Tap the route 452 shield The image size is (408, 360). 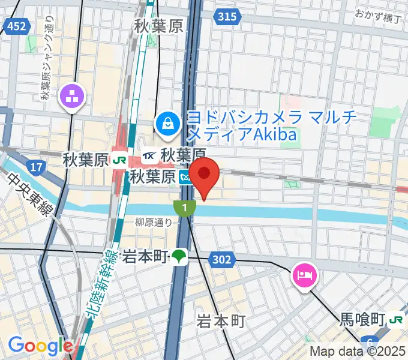coord(17,25)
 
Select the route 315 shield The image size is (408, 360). coord(227,17)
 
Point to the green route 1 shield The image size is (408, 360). coord(184,208)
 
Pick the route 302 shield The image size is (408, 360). coord(221,259)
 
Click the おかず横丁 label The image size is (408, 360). coord(377,15)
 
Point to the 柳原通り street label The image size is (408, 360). coord(155,221)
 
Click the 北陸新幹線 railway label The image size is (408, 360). coord(98,281)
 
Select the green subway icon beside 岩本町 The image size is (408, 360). coord(179,257)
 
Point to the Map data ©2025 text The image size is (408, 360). coord(357,352)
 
